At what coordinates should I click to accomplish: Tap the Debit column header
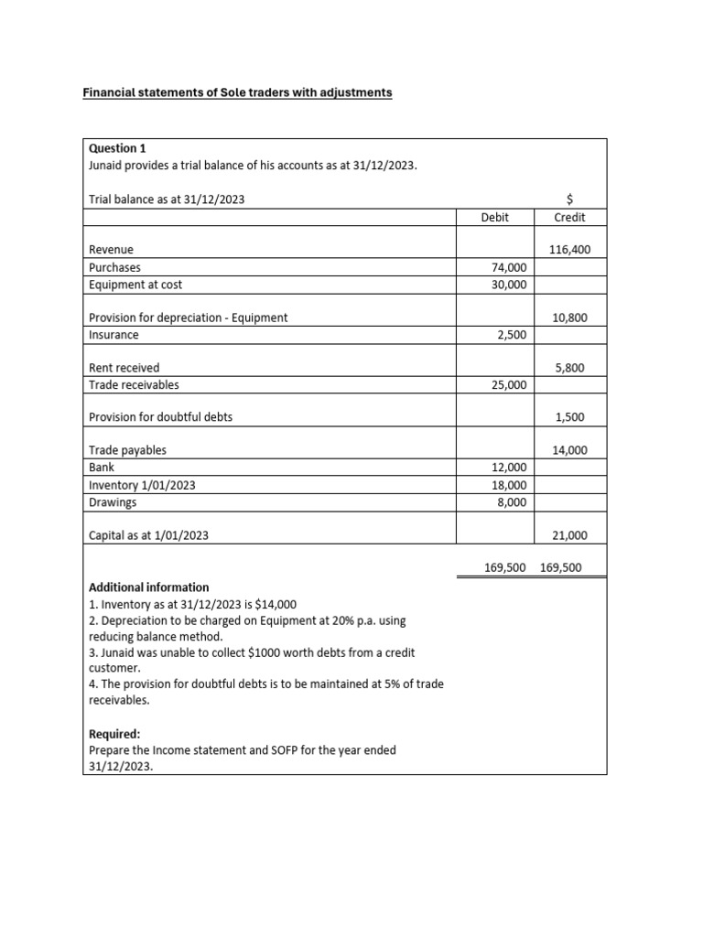click(x=494, y=218)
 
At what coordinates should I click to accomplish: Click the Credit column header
click(x=569, y=218)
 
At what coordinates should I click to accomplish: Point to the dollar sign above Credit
click(x=570, y=199)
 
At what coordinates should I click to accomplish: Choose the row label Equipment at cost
click(x=135, y=285)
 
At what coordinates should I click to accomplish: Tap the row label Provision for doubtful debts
click(x=160, y=417)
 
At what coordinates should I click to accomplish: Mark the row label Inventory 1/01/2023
click(x=141, y=485)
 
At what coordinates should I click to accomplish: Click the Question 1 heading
click(x=116, y=148)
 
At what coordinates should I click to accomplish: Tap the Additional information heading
click(x=148, y=587)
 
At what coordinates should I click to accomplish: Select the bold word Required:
click(x=114, y=734)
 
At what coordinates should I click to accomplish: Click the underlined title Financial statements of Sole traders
click(x=237, y=92)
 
